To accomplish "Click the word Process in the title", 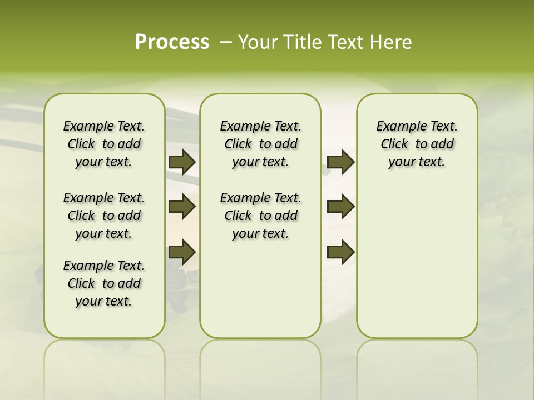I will (172, 42).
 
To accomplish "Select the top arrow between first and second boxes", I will (182, 162).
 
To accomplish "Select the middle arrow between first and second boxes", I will (182, 207).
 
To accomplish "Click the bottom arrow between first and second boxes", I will (182, 252).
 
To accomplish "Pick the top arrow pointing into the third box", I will (341, 162).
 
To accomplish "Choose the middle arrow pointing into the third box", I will (341, 207).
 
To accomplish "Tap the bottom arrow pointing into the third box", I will (341, 252).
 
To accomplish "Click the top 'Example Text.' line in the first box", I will (104, 126).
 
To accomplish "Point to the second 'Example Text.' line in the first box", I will (104, 198).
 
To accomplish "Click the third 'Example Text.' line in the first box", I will (104, 266).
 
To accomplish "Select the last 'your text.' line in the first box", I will (103, 301).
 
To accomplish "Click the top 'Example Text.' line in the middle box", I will (261, 126).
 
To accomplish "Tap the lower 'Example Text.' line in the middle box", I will (261, 198).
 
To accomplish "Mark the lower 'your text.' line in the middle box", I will (260, 233).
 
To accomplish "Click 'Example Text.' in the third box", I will (417, 126).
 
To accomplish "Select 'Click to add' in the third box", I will (417, 144).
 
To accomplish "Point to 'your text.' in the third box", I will (417, 162).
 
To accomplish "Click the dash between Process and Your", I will (226, 42).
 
